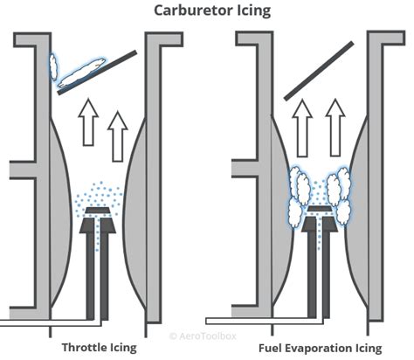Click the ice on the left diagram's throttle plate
coord(81,73)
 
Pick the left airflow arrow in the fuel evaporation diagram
coord(302,121)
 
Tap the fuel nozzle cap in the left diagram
coord(99,211)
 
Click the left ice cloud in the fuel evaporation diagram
coord(299,188)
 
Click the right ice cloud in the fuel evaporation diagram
coord(338,188)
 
